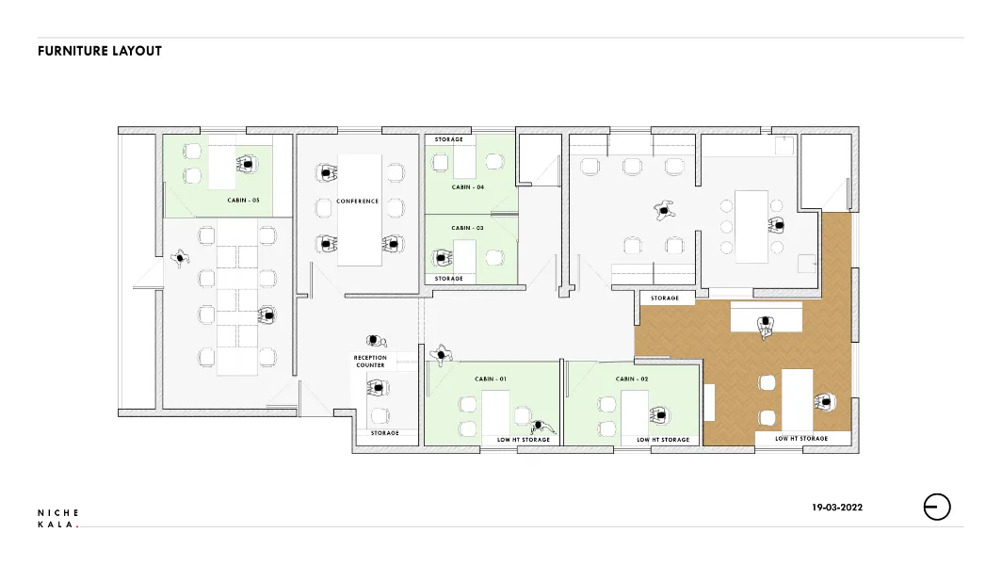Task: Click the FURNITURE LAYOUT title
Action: tap(100, 51)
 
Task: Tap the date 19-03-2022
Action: tap(837, 508)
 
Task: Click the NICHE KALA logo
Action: tap(58, 518)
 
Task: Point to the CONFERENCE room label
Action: tap(357, 202)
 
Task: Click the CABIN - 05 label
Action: tap(244, 200)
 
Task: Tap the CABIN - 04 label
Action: tap(468, 187)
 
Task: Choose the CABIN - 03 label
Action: tap(468, 228)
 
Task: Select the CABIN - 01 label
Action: tap(491, 379)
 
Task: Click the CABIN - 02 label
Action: tap(632, 379)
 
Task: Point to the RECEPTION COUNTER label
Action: tap(371, 362)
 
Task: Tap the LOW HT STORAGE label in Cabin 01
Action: tap(524, 440)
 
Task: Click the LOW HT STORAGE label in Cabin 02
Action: tap(663, 440)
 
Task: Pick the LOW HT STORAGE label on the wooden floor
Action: tap(801, 439)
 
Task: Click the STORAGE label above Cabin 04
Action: tap(448, 139)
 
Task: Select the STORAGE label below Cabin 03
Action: tap(448, 279)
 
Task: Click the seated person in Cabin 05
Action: tap(247, 164)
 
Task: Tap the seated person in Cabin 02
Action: tap(659, 416)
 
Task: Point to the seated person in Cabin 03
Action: tap(442, 258)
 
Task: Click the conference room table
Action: tap(359, 210)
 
